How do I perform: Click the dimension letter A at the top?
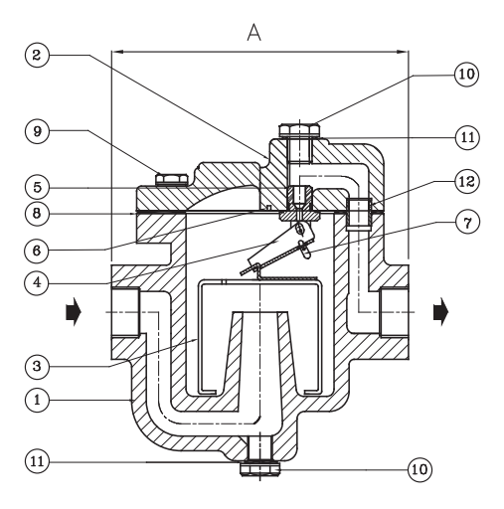pyautogui.click(x=253, y=33)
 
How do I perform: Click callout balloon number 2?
pyautogui.click(x=37, y=55)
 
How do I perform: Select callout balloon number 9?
pyautogui.click(x=37, y=131)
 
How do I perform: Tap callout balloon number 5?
pyautogui.click(x=37, y=187)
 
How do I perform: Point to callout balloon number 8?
pyautogui.click(x=37, y=214)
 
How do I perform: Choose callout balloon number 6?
pyautogui.click(x=37, y=251)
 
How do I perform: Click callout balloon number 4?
pyautogui.click(x=37, y=282)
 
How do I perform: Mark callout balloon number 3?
pyautogui.click(x=37, y=366)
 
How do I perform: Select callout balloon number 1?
pyautogui.click(x=37, y=400)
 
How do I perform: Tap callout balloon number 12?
pyautogui.click(x=467, y=182)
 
